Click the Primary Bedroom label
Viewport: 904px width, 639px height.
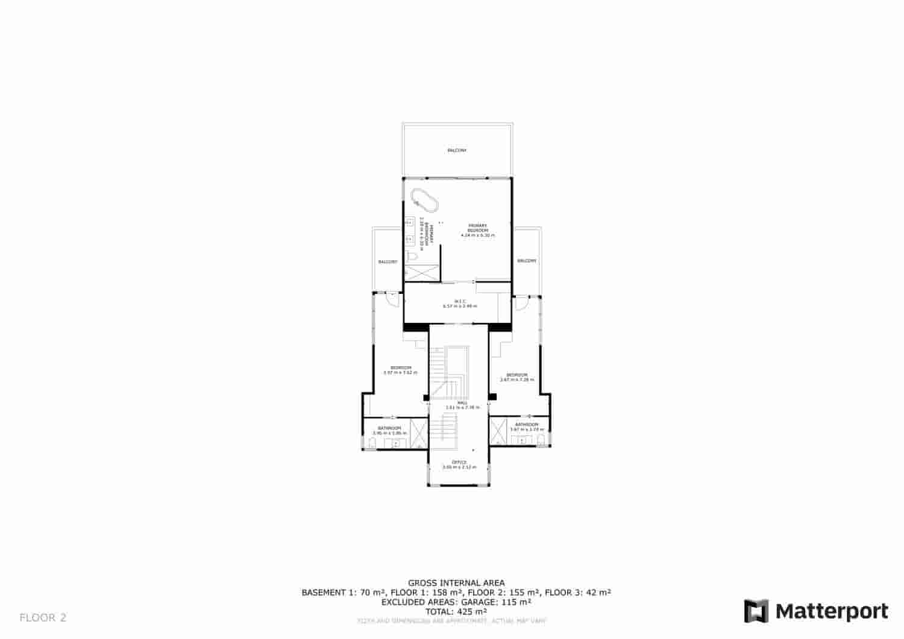pyautogui.click(x=477, y=228)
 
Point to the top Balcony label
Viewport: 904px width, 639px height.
pyautogui.click(x=457, y=150)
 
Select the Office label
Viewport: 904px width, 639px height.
pyautogui.click(x=459, y=462)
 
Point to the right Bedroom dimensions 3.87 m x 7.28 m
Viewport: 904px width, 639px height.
pyautogui.click(x=517, y=379)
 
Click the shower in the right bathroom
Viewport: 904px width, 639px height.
pyautogui.click(x=498, y=431)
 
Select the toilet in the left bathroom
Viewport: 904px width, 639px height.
pyautogui.click(x=372, y=444)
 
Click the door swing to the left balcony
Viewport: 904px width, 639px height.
pyautogui.click(x=392, y=299)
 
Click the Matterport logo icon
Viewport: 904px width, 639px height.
pyautogui.click(x=756, y=611)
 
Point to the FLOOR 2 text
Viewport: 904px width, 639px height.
pyautogui.click(x=43, y=617)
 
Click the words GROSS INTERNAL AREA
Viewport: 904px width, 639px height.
pyautogui.click(x=456, y=582)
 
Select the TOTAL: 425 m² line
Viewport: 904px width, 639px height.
pyautogui.click(x=456, y=611)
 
